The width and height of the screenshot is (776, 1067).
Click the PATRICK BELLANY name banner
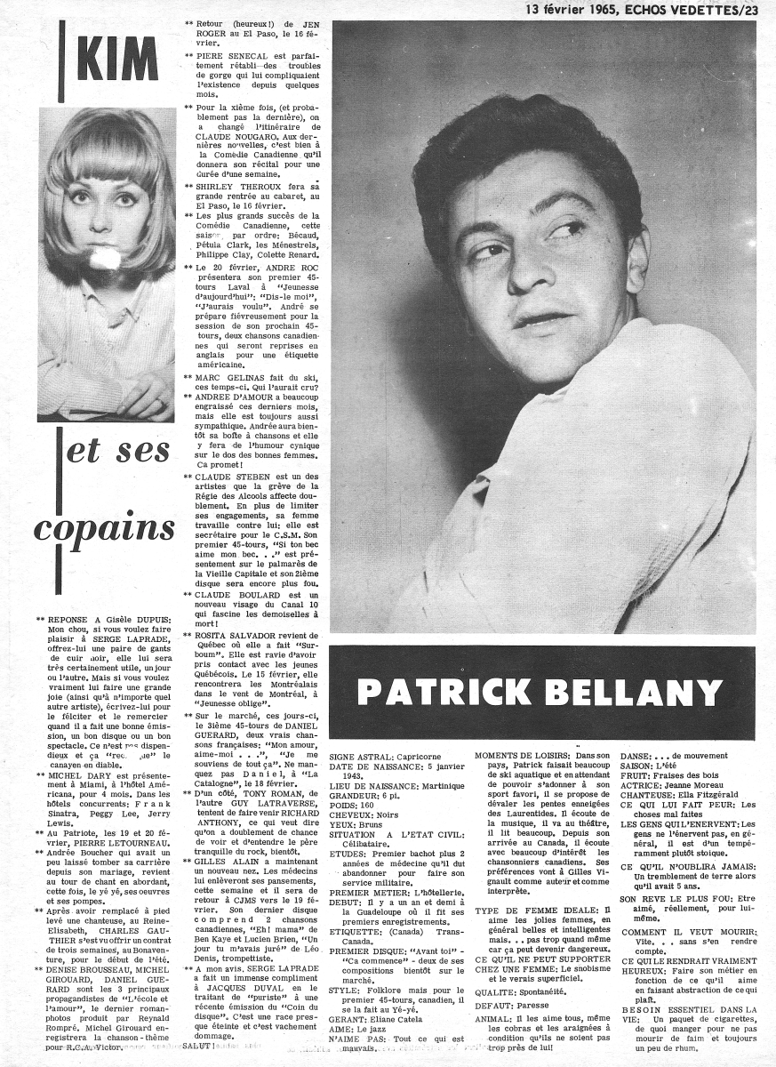point(541,692)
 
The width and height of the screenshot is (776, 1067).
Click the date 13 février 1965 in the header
point(579,10)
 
